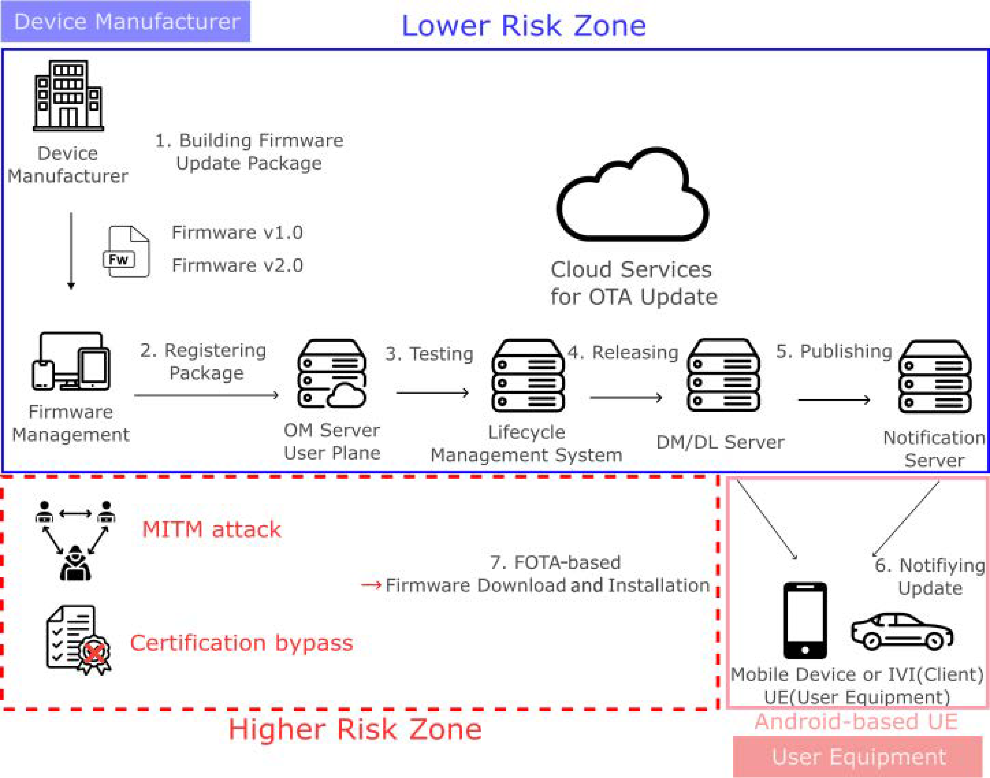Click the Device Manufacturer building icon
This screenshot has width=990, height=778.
pos(68,96)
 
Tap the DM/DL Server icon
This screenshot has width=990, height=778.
pos(723,375)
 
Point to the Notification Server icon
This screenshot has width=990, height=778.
pos(934,377)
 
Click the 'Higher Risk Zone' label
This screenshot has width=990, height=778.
pos(355,729)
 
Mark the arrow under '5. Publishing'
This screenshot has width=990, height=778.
pos(834,400)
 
